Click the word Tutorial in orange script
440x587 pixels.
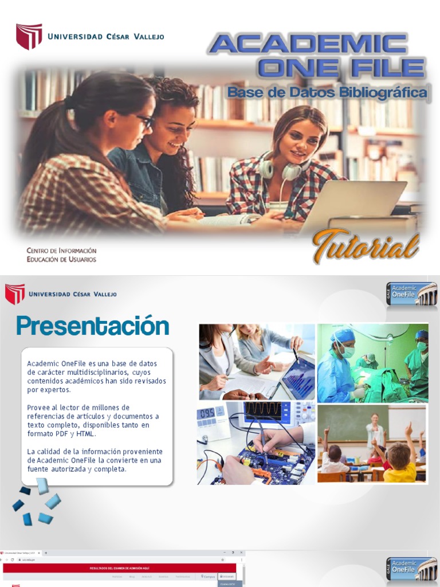point(366,247)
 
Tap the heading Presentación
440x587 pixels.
point(92,326)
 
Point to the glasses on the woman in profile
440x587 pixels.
point(146,121)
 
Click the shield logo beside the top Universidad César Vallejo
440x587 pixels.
point(29,36)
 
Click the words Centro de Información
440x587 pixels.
point(61,251)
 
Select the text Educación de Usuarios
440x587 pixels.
point(61,259)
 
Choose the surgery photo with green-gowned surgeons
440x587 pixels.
point(372,362)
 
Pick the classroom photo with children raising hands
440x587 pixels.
point(372,444)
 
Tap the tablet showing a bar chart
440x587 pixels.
point(298,378)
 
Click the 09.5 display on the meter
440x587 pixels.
point(207,413)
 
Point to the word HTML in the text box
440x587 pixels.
point(85,433)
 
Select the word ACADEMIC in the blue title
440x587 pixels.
point(308,45)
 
